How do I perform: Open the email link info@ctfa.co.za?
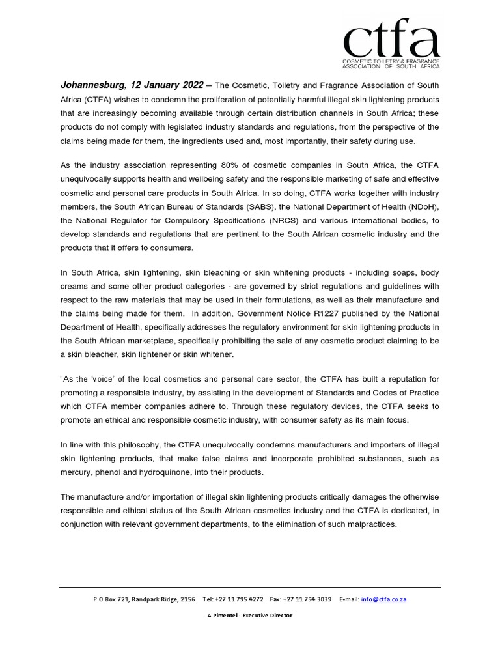[x=384, y=599]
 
